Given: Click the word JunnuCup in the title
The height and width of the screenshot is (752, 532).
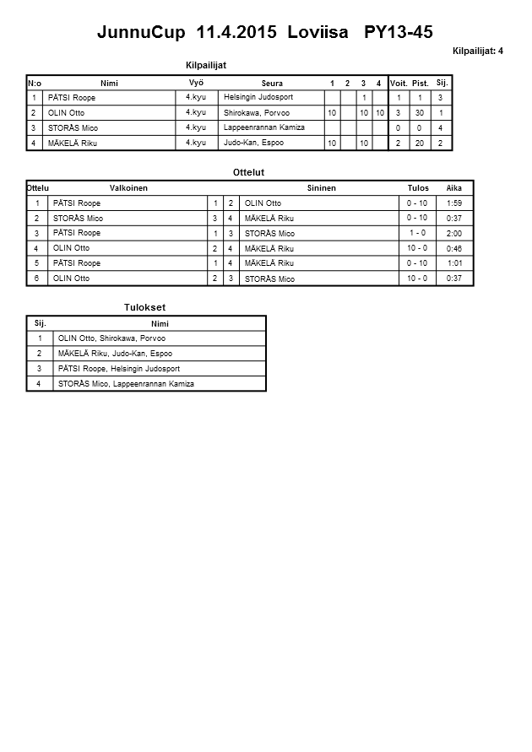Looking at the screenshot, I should pyautogui.click(x=142, y=33).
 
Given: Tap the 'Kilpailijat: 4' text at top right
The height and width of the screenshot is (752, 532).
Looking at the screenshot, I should pyautogui.click(x=478, y=51).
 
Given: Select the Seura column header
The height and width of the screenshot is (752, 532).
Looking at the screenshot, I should pyautogui.click(x=272, y=83).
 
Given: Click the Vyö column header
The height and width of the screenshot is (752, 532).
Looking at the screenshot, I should pyautogui.click(x=195, y=82).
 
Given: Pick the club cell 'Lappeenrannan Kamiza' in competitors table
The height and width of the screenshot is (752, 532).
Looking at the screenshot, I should pyautogui.click(x=264, y=127).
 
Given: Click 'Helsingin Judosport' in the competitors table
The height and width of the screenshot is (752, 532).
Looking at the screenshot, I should pyautogui.click(x=258, y=97).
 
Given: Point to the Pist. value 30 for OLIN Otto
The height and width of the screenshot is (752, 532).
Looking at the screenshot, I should pyautogui.click(x=421, y=112).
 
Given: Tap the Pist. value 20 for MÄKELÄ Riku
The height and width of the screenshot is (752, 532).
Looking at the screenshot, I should pyautogui.click(x=421, y=143).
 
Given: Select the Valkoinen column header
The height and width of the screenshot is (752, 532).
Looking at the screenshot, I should pyautogui.click(x=128, y=188).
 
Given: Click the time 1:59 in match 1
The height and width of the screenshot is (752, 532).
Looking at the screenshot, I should pyautogui.click(x=453, y=203).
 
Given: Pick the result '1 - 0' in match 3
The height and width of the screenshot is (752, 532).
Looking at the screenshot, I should pyautogui.click(x=416, y=233).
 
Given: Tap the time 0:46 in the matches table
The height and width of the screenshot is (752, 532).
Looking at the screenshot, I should pyautogui.click(x=453, y=249).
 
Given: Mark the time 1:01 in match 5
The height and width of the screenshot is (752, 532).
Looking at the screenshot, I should pyautogui.click(x=454, y=263).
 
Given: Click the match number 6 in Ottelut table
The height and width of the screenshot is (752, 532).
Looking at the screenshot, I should pyautogui.click(x=36, y=279).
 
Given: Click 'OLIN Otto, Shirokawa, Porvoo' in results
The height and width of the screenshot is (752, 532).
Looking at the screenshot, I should pyautogui.click(x=111, y=338).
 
